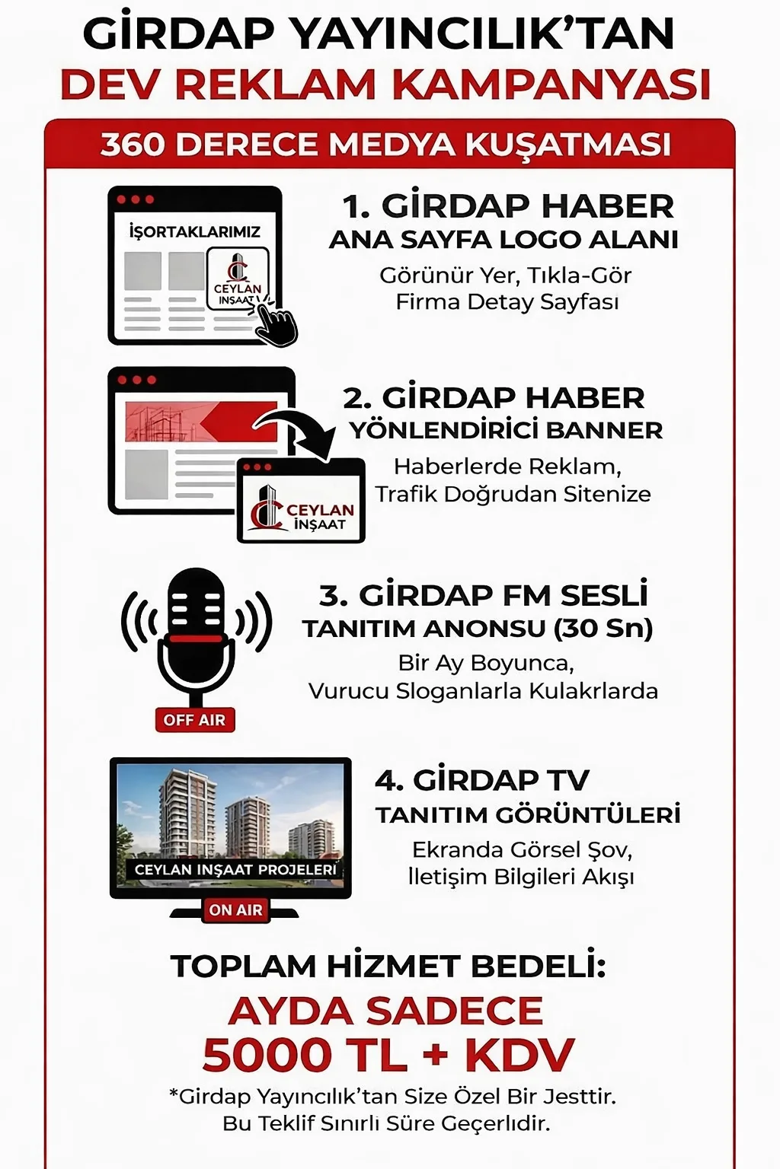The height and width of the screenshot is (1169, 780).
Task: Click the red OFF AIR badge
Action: click(194, 720)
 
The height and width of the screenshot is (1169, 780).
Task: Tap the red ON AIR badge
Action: click(235, 909)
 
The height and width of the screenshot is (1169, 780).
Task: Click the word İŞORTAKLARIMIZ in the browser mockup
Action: click(194, 231)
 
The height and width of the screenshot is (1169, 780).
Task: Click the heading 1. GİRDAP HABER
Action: click(507, 206)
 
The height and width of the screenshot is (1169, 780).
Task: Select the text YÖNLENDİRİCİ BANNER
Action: click(506, 430)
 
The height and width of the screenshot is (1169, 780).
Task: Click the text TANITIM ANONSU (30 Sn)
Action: click(478, 629)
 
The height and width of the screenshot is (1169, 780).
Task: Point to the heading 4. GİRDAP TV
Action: click(482, 780)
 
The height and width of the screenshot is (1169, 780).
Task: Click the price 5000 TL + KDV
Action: click(388, 1055)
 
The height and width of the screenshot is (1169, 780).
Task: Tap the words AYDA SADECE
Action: click(385, 1011)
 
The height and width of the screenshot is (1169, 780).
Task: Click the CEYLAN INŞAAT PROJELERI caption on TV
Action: click(235, 869)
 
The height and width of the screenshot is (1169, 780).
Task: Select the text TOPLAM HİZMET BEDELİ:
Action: click(388, 966)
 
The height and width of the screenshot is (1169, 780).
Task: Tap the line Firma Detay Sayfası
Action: click(507, 302)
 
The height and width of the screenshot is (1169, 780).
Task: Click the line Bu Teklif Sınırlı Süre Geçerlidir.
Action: click(386, 1123)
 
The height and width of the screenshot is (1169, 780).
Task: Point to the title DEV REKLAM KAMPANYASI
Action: click(385, 84)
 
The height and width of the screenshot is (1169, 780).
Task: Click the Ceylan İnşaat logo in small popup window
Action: click(302, 507)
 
